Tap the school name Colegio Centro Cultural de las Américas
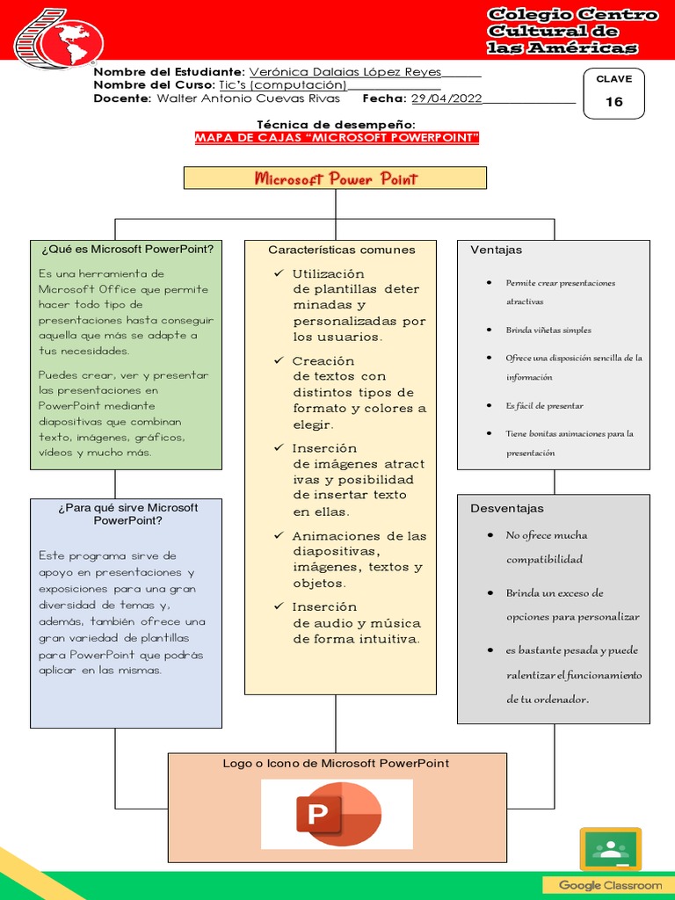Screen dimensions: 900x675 (572, 31)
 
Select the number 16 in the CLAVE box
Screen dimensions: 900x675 (613, 102)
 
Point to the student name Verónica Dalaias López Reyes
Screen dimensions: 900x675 (345, 71)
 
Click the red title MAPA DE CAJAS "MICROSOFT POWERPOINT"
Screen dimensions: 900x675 (337, 139)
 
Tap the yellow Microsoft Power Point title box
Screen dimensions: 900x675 (335, 178)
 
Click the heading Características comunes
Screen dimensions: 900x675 (341, 250)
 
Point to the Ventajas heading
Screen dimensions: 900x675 (496, 250)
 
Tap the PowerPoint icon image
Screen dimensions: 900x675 (337, 815)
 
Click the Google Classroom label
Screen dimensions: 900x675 (610, 885)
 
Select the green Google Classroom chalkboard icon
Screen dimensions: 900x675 (610, 849)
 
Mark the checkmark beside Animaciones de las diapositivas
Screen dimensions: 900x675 (279, 535)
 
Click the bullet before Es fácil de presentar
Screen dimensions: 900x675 (489, 405)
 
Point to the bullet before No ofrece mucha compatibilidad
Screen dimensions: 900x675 (489, 535)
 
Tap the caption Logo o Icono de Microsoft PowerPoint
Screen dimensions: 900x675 (336, 763)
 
